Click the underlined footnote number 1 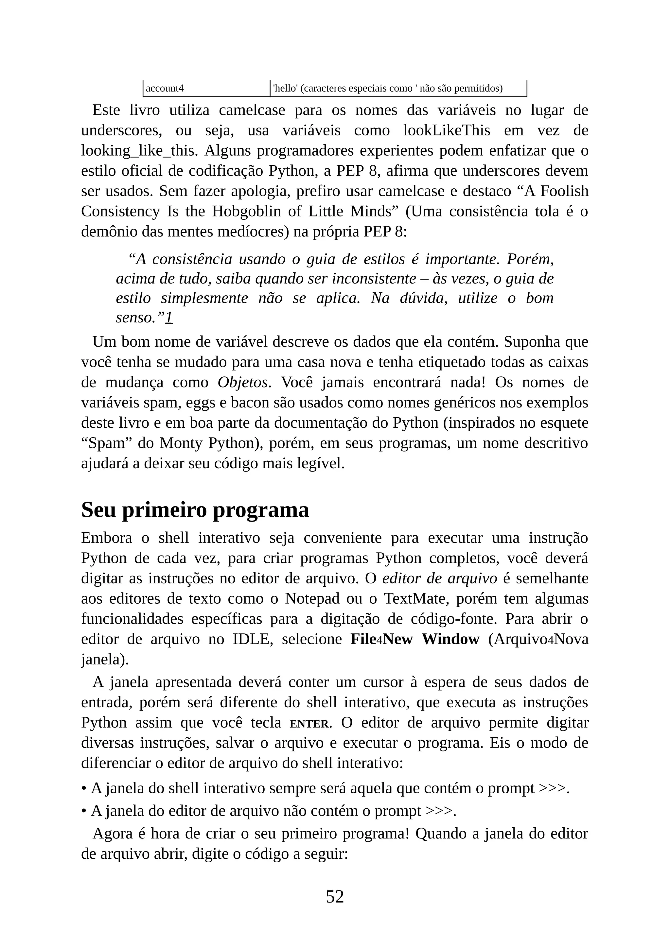(169, 318)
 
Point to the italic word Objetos (243, 382)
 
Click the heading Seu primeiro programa (195, 510)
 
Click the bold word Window (450, 639)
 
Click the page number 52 (335, 897)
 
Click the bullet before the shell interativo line (84, 789)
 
